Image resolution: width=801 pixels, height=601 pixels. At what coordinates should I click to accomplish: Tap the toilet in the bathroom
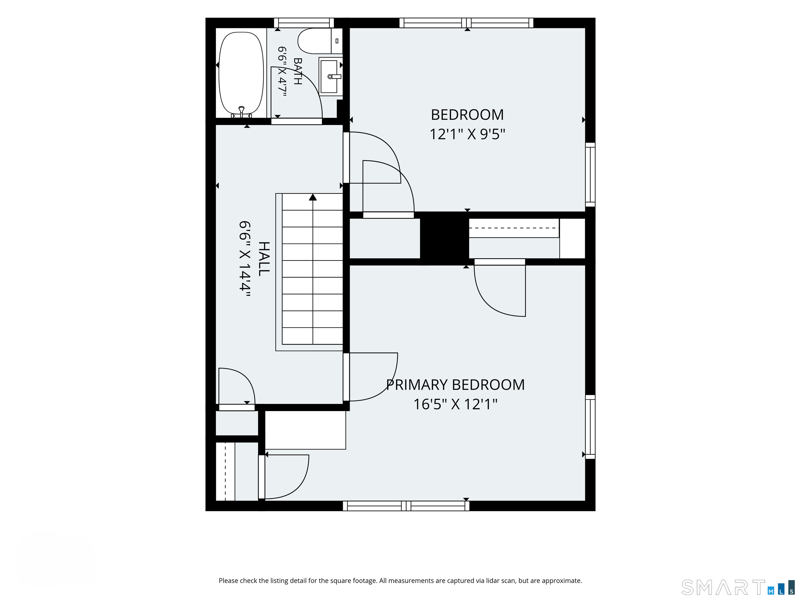[x=320, y=41]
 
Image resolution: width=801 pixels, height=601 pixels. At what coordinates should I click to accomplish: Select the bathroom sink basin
[x=329, y=76]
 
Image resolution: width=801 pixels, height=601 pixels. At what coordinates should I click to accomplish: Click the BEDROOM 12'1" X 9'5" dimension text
[x=467, y=134]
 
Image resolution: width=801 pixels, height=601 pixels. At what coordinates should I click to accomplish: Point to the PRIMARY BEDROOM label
[x=455, y=384]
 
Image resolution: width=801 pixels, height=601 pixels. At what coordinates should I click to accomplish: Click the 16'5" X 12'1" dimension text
[x=455, y=404]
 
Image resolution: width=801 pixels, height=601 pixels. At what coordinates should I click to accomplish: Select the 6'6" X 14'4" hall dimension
[x=245, y=259]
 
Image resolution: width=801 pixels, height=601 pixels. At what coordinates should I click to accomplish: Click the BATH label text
[x=297, y=71]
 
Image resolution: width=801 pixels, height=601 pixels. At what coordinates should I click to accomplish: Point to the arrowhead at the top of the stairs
[x=313, y=197]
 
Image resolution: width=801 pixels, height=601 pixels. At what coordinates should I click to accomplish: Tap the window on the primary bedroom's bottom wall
[x=406, y=506]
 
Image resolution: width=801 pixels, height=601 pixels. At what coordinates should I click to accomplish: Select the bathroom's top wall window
[x=304, y=23]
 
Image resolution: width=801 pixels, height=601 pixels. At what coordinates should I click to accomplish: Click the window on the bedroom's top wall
[x=466, y=23]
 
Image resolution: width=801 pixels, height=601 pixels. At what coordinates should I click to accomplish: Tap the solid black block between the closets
[x=444, y=238]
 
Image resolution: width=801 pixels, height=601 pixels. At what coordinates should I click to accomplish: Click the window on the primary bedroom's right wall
[x=590, y=427]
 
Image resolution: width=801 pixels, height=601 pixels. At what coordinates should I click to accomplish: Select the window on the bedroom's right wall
[x=590, y=175]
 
